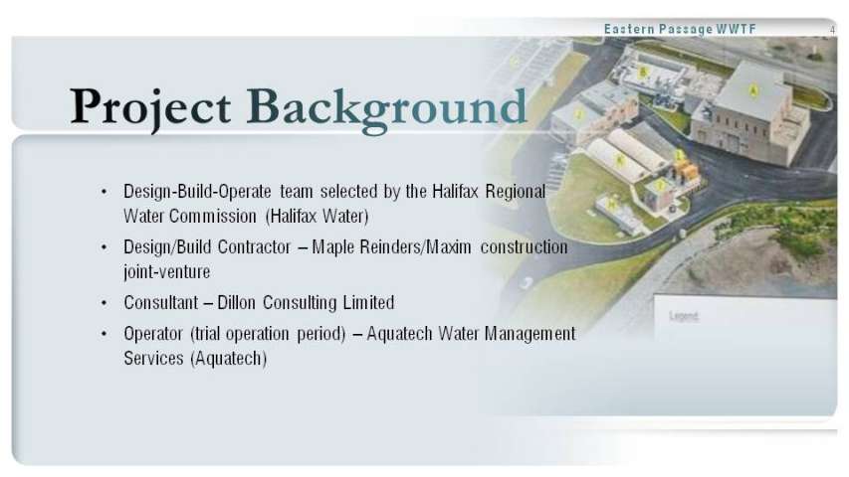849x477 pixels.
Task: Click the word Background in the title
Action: click(386, 108)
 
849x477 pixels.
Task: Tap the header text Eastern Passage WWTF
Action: click(680, 29)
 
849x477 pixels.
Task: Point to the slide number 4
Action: click(833, 30)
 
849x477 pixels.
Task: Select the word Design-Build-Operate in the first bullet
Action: click(197, 192)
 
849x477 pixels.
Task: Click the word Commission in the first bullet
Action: click(213, 217)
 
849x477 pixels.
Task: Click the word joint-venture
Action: click(167, 272)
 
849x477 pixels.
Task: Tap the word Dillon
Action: click(236, 302)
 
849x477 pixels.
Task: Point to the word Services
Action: click(153, 358)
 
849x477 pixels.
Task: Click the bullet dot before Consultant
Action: click(104, 303)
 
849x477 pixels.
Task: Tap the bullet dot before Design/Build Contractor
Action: click(104, 247)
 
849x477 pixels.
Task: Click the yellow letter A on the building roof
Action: click(752, 90)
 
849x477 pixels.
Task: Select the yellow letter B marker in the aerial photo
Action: click(643, 72)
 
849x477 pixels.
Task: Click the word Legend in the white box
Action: click(684, 316)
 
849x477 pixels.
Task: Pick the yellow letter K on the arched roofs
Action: click(620, 160)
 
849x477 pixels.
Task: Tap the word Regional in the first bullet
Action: click(516, 192)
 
